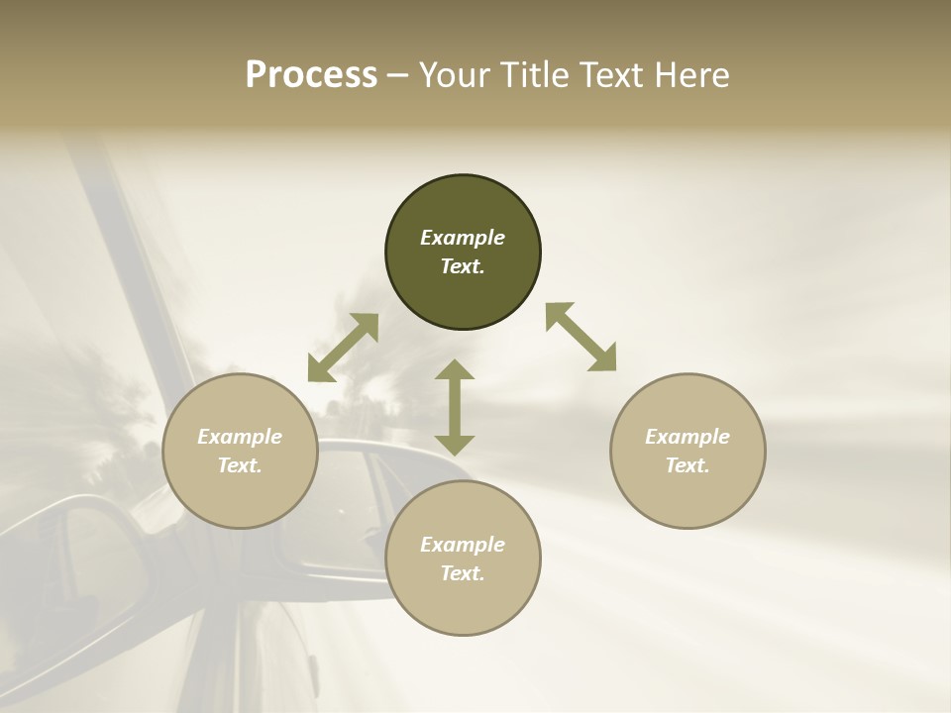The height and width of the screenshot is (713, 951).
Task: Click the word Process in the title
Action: (311, 75)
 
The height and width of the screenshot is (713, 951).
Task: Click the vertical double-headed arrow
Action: (455, 407)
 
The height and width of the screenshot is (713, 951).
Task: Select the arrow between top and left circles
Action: (343, 348)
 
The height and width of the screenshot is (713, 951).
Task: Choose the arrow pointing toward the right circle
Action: (581, 337)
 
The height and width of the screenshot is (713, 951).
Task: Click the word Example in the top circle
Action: (463, 238)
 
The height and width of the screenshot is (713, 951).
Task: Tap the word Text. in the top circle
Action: (463, 266)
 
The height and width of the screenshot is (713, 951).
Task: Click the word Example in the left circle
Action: (240, 437)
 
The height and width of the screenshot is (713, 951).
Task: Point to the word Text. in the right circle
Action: (687, 465)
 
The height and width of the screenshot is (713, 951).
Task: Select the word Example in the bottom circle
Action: (463, 545)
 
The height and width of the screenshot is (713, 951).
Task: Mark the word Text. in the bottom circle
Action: (463, 573)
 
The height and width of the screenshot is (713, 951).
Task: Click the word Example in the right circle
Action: (687, 437)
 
